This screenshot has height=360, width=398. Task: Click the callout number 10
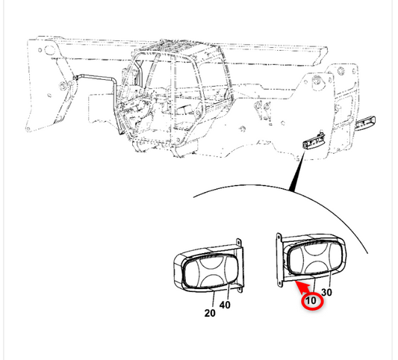pos(311,300)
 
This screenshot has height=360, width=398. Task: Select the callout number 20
pos(210,313)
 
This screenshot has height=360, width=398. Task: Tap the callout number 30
pos(326,292)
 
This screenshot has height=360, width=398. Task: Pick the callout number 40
pos(225,305)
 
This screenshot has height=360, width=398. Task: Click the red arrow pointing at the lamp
pos(303,288)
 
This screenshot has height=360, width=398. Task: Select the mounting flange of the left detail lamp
pos(239,266)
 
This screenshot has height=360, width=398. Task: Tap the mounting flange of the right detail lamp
pos(279,261)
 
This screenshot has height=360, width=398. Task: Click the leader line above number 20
pos(214,299)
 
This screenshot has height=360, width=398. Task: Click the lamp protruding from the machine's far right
pos(365,123)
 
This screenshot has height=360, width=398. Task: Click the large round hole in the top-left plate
pos(49,49)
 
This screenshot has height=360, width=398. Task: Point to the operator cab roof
pos(178,49)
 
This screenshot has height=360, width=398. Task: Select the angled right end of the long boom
pos(320,55)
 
